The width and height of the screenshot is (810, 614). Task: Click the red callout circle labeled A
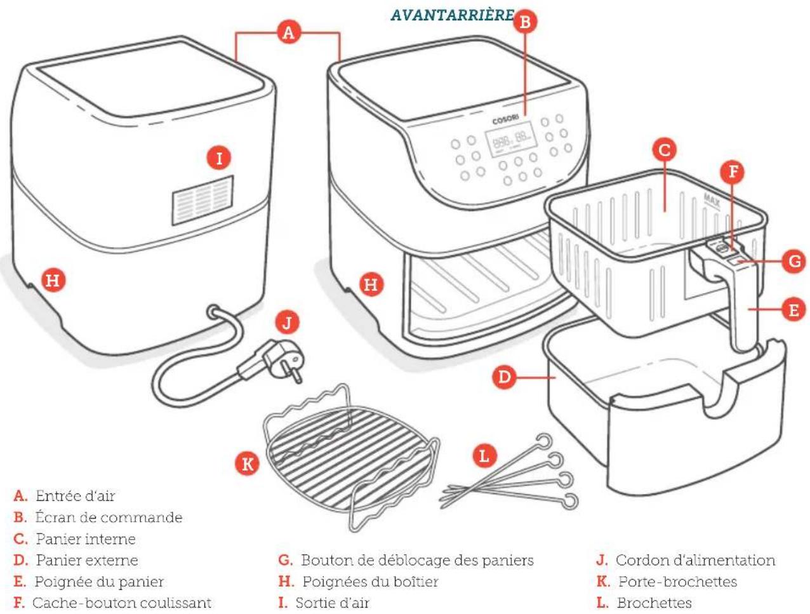(x=288, y=32)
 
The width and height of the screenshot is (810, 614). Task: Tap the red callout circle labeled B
(x=525, y=22)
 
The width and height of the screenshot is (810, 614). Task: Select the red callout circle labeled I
(x=219, y=159)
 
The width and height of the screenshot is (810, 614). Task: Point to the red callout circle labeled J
(x=287, y=323)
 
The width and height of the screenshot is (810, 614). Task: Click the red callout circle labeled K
(x=247, y=464)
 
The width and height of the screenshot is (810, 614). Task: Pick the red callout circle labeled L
(x=484, y=456)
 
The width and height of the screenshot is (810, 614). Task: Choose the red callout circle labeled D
(x=505, y=377)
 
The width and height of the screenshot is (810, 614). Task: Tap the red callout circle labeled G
(x=793, y=261)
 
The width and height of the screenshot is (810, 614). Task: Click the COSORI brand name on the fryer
(x=505, y=120)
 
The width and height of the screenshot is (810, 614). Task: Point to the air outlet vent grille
(x=202, y=201)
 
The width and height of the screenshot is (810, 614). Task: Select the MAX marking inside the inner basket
(x=712, y=201)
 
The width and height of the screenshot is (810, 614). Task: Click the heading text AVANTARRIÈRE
(x=452, y=15)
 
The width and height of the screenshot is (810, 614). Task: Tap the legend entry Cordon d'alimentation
(x=686, y=561)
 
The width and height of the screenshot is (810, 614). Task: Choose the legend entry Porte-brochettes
(x=667, y=582)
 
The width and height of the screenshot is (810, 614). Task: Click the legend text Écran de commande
(x=98, y=517)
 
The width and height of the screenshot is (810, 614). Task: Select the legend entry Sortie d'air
(x=324, y=603)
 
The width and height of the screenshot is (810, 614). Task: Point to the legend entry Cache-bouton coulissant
(x=112, y=603)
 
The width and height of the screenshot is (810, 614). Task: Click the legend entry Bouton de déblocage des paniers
(x=406, y=561)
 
